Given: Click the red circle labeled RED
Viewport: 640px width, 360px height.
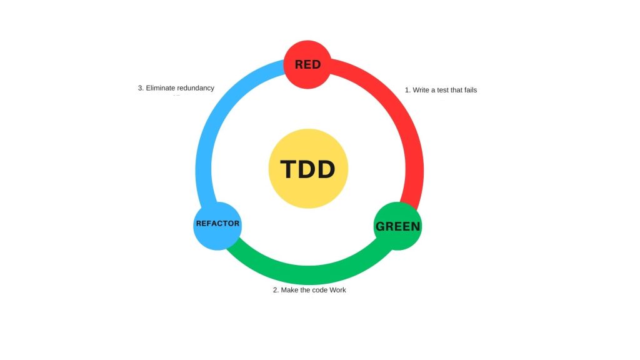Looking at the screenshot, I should [x=307, y=64].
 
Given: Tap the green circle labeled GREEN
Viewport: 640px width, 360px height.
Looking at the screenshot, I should [x=397, y=226].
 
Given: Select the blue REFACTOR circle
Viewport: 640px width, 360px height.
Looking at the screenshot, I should [x=217, y=224].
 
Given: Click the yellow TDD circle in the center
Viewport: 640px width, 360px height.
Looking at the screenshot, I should [x=308, y=169].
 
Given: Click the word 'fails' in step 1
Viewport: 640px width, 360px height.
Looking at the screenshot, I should [x=469, y=90].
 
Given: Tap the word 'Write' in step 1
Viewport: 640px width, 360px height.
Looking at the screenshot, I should [x=422, y=90].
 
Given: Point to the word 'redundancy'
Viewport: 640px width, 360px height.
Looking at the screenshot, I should [x=196, y=88].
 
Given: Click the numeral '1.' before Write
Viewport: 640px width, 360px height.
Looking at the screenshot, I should [x=407, y=90].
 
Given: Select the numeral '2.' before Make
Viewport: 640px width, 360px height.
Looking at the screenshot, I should [x=276, y=290].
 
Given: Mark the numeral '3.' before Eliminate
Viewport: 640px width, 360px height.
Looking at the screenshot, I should [x=141, y=88].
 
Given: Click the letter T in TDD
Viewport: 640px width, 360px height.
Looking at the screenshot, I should [x=288, y=169].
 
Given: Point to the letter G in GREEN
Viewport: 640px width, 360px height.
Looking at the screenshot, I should [x=381, y=226].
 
